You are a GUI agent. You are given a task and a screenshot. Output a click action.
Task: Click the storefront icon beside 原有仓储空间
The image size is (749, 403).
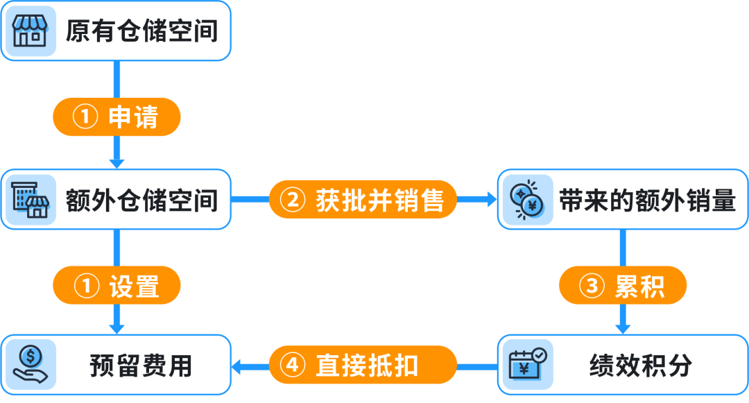point(31,31)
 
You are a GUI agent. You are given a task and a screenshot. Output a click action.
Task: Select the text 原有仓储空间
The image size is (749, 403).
point(141,31)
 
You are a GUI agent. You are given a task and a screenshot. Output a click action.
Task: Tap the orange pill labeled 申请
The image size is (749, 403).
point(117,117)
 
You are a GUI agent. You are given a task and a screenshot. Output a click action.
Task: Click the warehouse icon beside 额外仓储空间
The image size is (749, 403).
point(31,199)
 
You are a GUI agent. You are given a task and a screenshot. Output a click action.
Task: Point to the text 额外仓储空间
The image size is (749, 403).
point(141,200)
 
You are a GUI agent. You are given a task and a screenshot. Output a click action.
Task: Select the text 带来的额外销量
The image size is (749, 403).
point(647,200)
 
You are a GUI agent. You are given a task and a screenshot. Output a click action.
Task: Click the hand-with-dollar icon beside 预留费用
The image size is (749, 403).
point(31,365)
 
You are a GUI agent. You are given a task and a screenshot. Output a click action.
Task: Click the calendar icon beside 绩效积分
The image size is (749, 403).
point(528,365)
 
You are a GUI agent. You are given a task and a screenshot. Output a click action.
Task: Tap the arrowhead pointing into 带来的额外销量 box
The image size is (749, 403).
point(492,200)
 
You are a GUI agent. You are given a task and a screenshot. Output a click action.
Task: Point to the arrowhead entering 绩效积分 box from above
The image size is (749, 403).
point(623,327)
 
